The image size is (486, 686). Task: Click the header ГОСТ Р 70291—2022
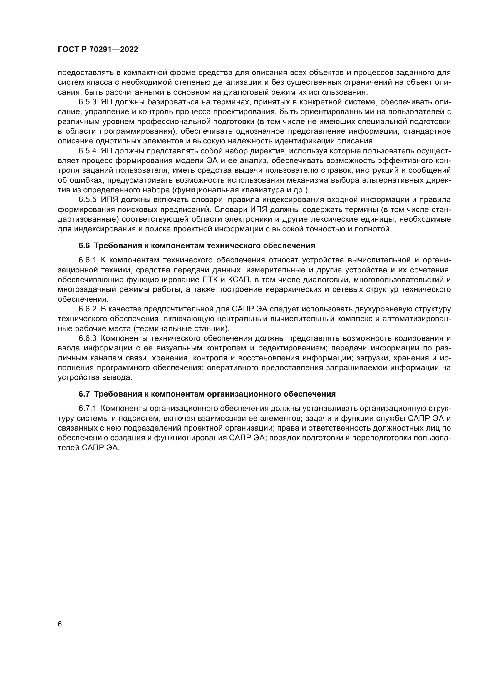pyautogui.click(x=98, y=50)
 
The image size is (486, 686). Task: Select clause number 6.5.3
pyautogui.click(x=87, y=102)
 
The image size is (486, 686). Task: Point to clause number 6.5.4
pyautogui.click(x=87, y=151)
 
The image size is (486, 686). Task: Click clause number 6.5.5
pyautogui.click(x=87, y=200)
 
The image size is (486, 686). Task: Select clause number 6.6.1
pyautogui.click(x=87, y=260)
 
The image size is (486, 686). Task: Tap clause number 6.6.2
pyautogui.click(x=87, y=309)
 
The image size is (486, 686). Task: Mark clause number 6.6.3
pyautogui.click(x=87, y=338)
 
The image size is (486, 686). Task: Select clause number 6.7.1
pyautogui.click(x=87, y=409)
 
